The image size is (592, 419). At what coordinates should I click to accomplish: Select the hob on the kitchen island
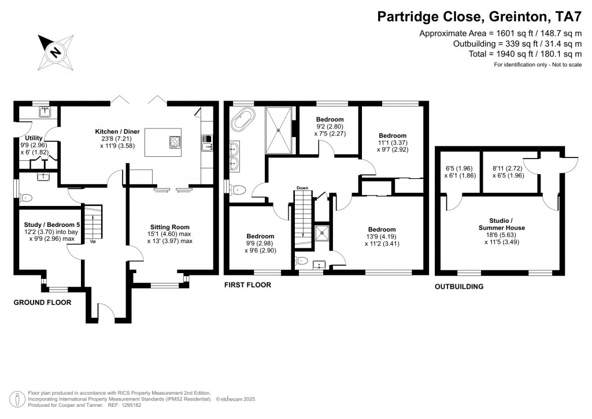pos(174,141)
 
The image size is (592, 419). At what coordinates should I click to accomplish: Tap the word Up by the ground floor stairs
pos(92,241)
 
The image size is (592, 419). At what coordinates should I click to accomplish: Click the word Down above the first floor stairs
pos(302,188)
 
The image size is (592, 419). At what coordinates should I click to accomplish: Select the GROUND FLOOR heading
pos(42,303)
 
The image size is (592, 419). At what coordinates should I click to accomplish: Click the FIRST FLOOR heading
pos(247,285)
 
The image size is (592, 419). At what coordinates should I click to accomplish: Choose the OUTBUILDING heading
pos(459,286)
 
